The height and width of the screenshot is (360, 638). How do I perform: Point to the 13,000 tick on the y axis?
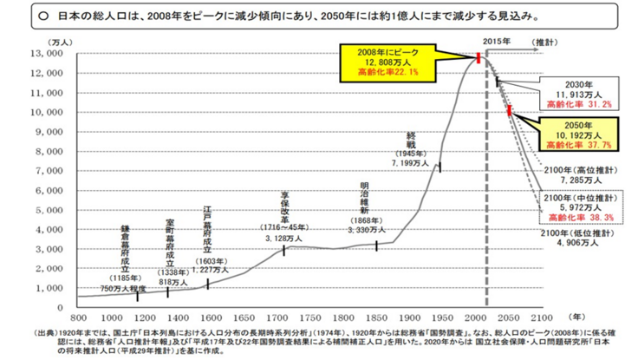[42, 53]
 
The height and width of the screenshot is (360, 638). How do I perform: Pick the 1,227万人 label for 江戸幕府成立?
[213, 268]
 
